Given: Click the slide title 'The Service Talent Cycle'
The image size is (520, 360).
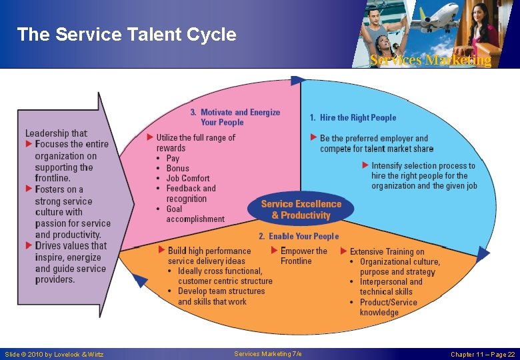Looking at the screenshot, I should tap(126, 35).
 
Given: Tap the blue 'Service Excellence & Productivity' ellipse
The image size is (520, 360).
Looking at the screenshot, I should tap(301, 209).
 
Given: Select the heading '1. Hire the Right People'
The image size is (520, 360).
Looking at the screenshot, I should tap(353, 118).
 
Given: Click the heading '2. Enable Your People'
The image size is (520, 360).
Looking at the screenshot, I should tap(299, 236).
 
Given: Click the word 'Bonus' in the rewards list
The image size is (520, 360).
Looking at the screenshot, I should tap(177, 168).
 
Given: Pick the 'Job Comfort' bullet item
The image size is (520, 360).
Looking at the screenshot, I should tap(187, 178).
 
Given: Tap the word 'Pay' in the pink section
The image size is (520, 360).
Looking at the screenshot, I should tap(173, 158).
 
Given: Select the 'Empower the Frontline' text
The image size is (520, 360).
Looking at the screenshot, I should tap(303, 256).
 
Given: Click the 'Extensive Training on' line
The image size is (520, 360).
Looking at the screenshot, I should tap(387, 251).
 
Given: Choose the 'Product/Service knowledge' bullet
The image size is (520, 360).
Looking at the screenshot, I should tap(388, 307).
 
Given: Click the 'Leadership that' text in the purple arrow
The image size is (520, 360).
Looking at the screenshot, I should tap(56, 133).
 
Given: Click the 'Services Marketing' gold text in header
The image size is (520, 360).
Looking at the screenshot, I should tap(431, 60).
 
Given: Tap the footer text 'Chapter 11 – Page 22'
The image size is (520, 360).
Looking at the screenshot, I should tap(482, 354).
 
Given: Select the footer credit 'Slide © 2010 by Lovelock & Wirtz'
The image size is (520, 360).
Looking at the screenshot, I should tap(54, 354).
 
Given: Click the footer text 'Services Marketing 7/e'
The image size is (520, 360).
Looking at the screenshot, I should tap(268, 353).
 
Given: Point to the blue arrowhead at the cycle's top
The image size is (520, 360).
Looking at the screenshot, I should tap(298, 81).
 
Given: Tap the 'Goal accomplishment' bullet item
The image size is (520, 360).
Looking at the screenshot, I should tap(195, 214).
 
